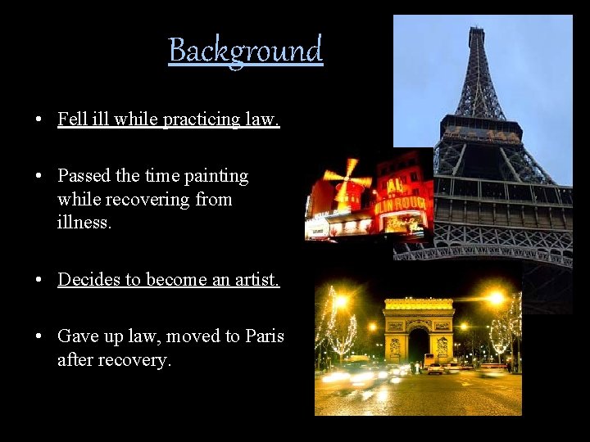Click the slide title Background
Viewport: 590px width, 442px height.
[x=246, y=51]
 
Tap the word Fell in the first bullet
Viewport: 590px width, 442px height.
[x=71, y=120]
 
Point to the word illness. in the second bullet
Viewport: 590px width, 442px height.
[x=84, y=222]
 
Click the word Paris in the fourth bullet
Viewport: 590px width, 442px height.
[x=265, y=336]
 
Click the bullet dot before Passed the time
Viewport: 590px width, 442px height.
[x=39, y=177]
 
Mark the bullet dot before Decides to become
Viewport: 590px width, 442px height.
[x=39, y=281]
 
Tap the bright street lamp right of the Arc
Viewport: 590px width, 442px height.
[x=495, y=299]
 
